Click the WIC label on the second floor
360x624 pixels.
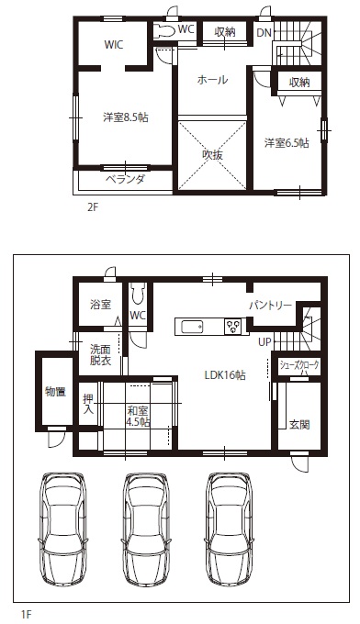114,44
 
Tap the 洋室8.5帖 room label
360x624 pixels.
126,117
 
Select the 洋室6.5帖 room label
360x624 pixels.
287,143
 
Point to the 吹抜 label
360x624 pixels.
212,155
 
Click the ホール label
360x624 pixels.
212,80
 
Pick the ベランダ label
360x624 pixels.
125,180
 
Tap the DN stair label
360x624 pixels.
264,33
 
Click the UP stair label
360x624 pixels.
264,342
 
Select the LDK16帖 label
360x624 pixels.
225,374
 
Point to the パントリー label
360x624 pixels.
271,306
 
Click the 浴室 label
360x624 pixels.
100,305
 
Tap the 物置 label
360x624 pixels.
55,392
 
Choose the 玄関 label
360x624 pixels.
299,425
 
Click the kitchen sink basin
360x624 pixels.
192,327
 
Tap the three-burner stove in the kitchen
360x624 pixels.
233,327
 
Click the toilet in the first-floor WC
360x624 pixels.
138,295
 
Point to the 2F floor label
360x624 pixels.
92,208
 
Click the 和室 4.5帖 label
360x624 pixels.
138,417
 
